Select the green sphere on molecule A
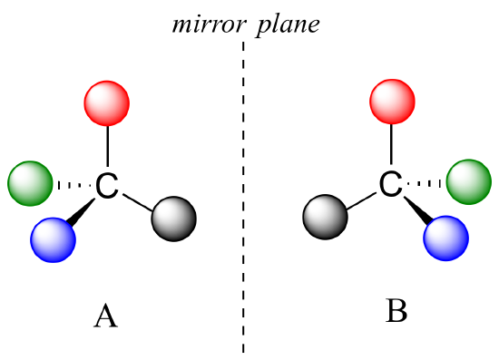tap(30, 184)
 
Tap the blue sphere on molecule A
tap(53, 239)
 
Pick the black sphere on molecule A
tap(173, 219)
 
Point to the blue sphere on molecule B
tap(446, 238)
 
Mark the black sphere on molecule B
tap(325, 219)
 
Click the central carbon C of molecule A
tap(108, 187)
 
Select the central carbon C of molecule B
tap(391, 185)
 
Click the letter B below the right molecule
tap(396, 311)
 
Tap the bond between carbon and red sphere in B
tap(392, 147)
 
